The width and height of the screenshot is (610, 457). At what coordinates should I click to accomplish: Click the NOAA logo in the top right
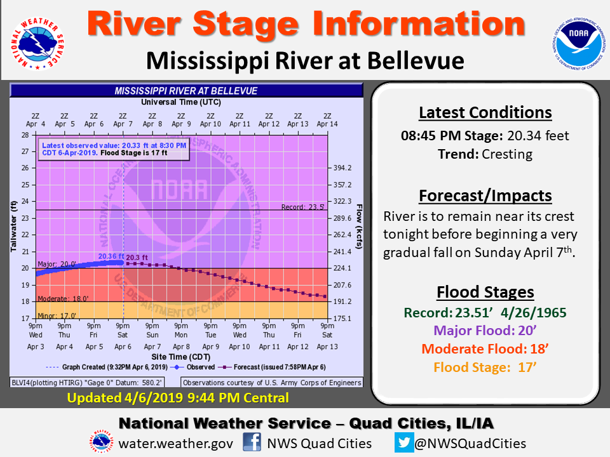[x=578, y=44]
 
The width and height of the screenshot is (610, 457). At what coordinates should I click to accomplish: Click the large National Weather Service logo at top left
[x=37, y=44]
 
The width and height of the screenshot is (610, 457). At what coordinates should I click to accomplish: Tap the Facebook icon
[x=252, y=442]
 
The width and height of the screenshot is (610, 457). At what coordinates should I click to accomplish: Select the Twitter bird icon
[x=404, y=442]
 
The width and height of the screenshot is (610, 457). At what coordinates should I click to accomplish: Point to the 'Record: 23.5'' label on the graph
[x=302, y=207]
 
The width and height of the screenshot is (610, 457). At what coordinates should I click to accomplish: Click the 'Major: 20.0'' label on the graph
[x=57, y=264]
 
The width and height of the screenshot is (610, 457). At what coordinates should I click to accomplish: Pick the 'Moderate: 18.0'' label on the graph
[x=63, y=298]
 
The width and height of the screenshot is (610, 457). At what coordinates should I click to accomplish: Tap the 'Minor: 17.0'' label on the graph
[x=57, y=315]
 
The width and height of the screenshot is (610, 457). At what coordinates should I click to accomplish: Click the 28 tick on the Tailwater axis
[x=25, y=135]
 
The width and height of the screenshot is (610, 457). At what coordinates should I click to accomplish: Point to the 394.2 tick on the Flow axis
[x=342, y=168]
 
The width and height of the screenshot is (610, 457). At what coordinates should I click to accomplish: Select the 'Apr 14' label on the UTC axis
[x=327, y=124]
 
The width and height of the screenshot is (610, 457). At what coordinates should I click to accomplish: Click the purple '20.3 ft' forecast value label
[x=137, y=257]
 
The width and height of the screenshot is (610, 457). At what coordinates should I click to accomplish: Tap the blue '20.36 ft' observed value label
[x=111, y=256]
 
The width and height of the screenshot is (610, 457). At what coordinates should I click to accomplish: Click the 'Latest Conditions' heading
[x=485, y=113]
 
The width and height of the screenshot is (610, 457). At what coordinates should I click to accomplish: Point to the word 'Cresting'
[x=507, y=154]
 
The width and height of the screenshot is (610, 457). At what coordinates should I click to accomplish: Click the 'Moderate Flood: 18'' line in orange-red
[x=485, y=349]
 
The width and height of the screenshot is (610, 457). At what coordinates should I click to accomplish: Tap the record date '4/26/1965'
[x=533, y=313]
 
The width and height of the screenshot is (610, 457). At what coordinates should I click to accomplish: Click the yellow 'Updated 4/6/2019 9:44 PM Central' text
[x=178, y=398]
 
